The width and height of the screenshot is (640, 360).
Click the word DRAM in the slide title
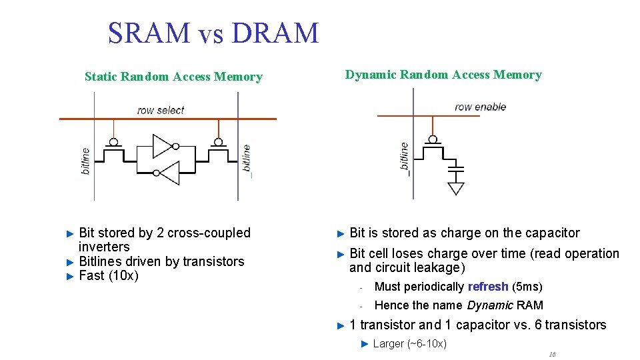pos(277,33)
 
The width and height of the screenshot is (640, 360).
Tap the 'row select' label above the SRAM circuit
pos(161,110)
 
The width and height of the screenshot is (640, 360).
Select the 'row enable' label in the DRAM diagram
pos(480,107)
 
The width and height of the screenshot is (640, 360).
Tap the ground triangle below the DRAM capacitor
pos(456,188)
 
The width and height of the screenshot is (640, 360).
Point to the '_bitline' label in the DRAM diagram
pos(404,159)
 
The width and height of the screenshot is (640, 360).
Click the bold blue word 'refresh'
pos(488,287)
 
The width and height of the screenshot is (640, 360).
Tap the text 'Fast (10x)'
pos(109,276)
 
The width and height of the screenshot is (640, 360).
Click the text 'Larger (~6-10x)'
pos(409,343)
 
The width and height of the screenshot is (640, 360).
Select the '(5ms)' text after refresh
pos(527,287)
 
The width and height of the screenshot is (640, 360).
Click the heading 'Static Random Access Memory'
pos(173,77)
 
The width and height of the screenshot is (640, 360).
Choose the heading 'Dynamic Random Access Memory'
pos(443,75)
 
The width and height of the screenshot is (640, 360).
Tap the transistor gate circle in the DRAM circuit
pos(433,139)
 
